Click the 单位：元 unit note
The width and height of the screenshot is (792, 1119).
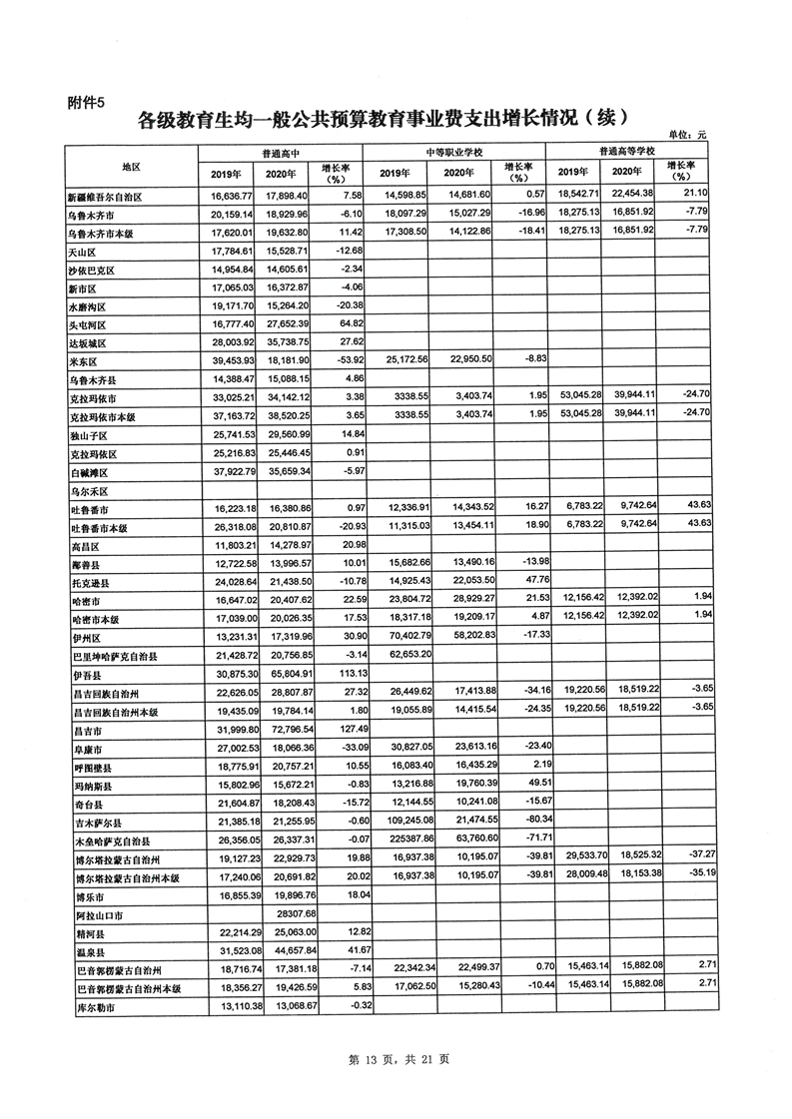tap(687, 135)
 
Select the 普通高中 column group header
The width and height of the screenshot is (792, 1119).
tap(282, 152)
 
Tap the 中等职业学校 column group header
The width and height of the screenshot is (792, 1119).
tap(453, 152)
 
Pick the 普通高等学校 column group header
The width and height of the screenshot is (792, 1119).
tap(628, 151)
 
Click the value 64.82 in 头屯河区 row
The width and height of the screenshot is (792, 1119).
tap(342, 325)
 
